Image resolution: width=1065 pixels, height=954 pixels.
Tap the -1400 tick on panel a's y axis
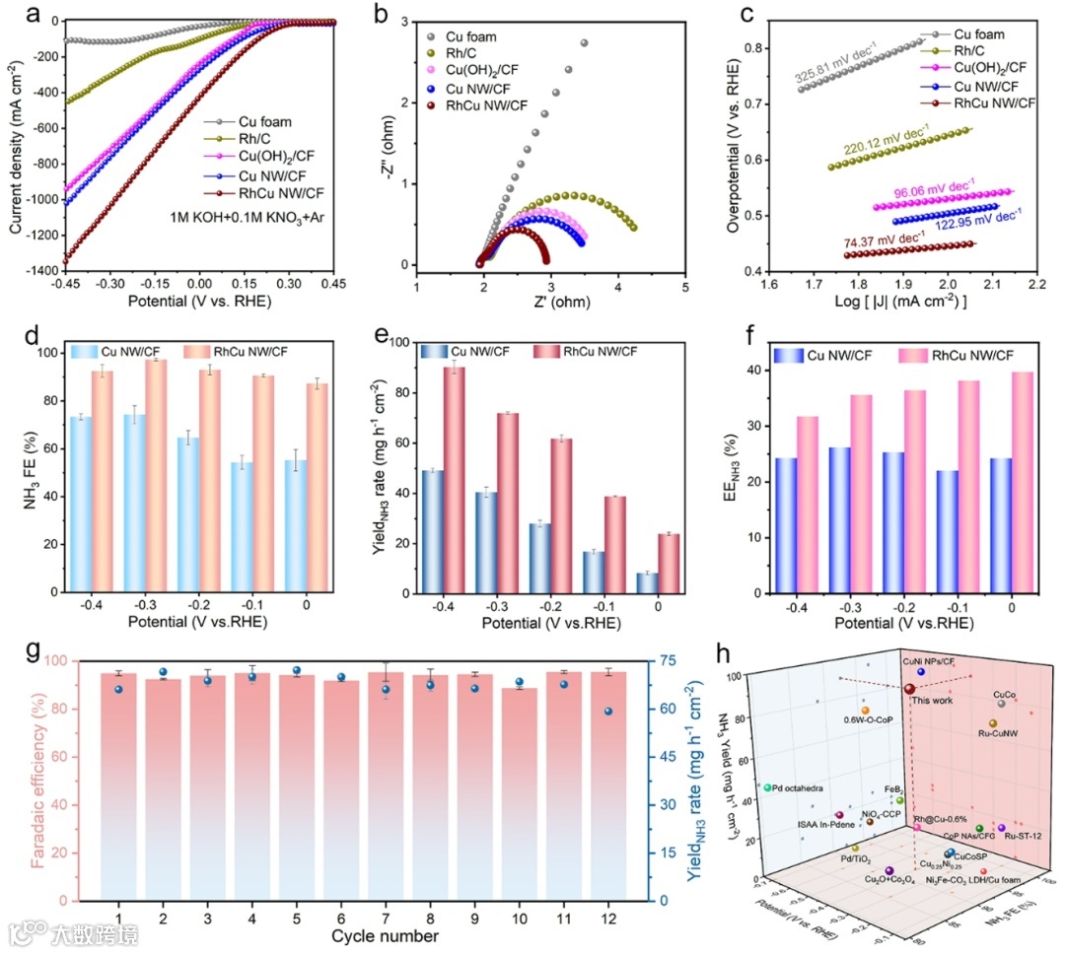tap(38, 267)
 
